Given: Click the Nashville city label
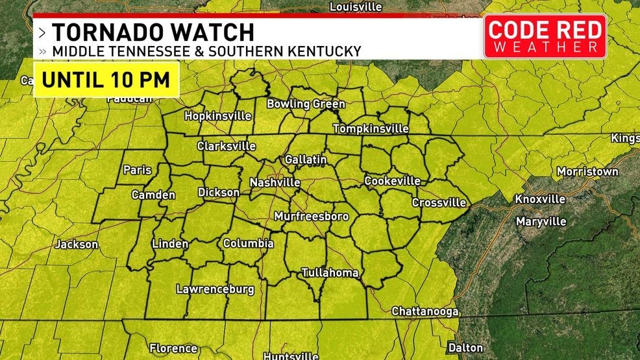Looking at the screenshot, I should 275,182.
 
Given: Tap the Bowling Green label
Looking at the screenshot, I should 306,104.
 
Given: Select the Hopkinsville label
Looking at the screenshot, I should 217,116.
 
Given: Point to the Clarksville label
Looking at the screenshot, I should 227,147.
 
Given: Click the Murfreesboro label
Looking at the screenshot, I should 312,216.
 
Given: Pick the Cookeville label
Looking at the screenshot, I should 392,181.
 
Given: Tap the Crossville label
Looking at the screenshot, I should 439,203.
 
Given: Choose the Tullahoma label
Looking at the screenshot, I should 330,273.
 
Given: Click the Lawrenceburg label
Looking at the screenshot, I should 215,289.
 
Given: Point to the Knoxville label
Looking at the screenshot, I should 539,198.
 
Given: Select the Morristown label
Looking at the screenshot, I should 587,172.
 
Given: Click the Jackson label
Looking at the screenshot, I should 77,245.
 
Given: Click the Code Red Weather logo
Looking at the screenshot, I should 545,36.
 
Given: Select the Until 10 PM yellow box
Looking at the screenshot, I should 106,80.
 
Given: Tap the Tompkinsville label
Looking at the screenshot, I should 371,128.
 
